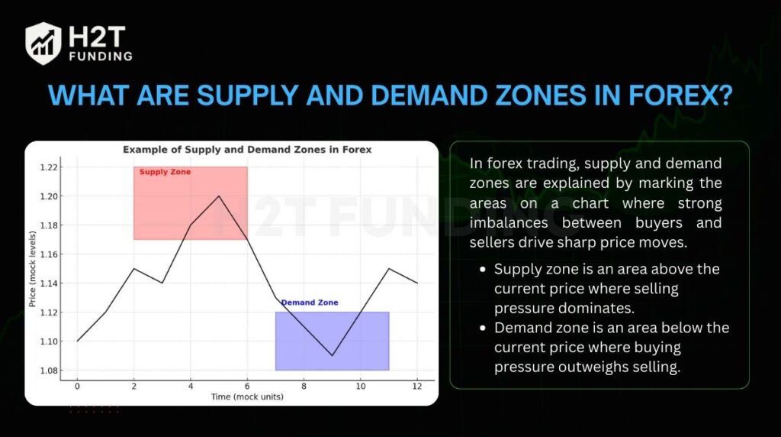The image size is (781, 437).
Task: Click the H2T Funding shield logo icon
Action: point(43,43)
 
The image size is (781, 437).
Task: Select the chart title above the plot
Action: point(247,150)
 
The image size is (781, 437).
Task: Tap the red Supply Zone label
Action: point(165,172)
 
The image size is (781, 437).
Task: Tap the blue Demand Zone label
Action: point(310,303)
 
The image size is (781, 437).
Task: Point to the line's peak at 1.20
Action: point(219,196)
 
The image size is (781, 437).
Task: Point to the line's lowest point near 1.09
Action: point(332,355)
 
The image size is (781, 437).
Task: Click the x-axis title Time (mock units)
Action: point(247,397)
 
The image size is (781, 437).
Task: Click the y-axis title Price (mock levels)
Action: point(33,269)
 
